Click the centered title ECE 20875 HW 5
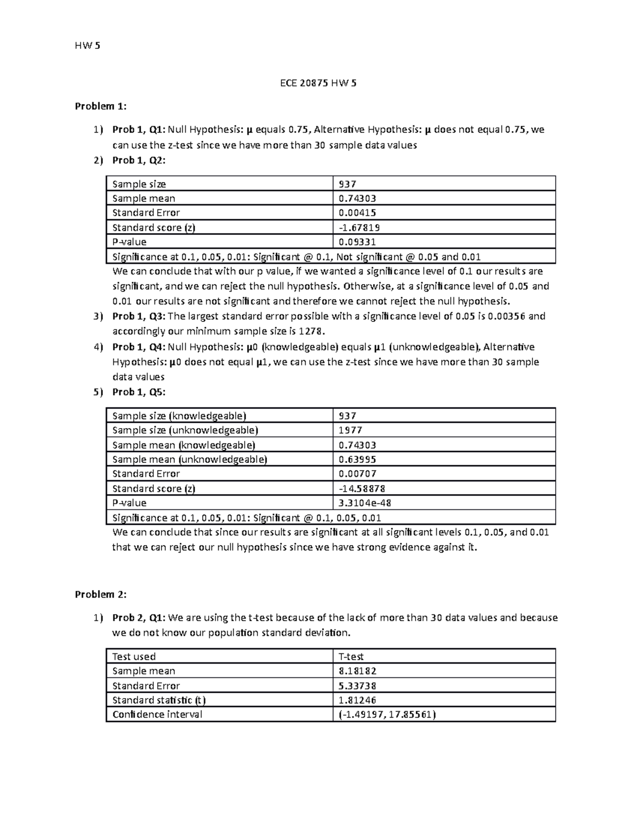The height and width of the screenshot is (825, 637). point(318,83)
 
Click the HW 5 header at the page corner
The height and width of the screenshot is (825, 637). point(88,46)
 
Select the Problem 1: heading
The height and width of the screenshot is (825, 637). point(101,106)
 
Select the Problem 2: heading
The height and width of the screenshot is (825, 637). point(101,594)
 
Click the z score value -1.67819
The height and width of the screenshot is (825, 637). point(359,228)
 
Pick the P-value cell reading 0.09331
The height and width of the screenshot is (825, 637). point(357,242)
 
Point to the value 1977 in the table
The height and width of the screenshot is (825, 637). point(350,430)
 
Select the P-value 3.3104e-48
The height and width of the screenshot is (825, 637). point(365,503)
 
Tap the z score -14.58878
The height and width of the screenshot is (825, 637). point(362,489)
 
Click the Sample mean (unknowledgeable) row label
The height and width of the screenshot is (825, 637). point(190,460)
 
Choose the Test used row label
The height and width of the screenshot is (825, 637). point(134,657)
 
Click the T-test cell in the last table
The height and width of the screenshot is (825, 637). point(351,657)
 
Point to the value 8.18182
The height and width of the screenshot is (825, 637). point(357,671)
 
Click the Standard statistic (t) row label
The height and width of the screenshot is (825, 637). point(159,700)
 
